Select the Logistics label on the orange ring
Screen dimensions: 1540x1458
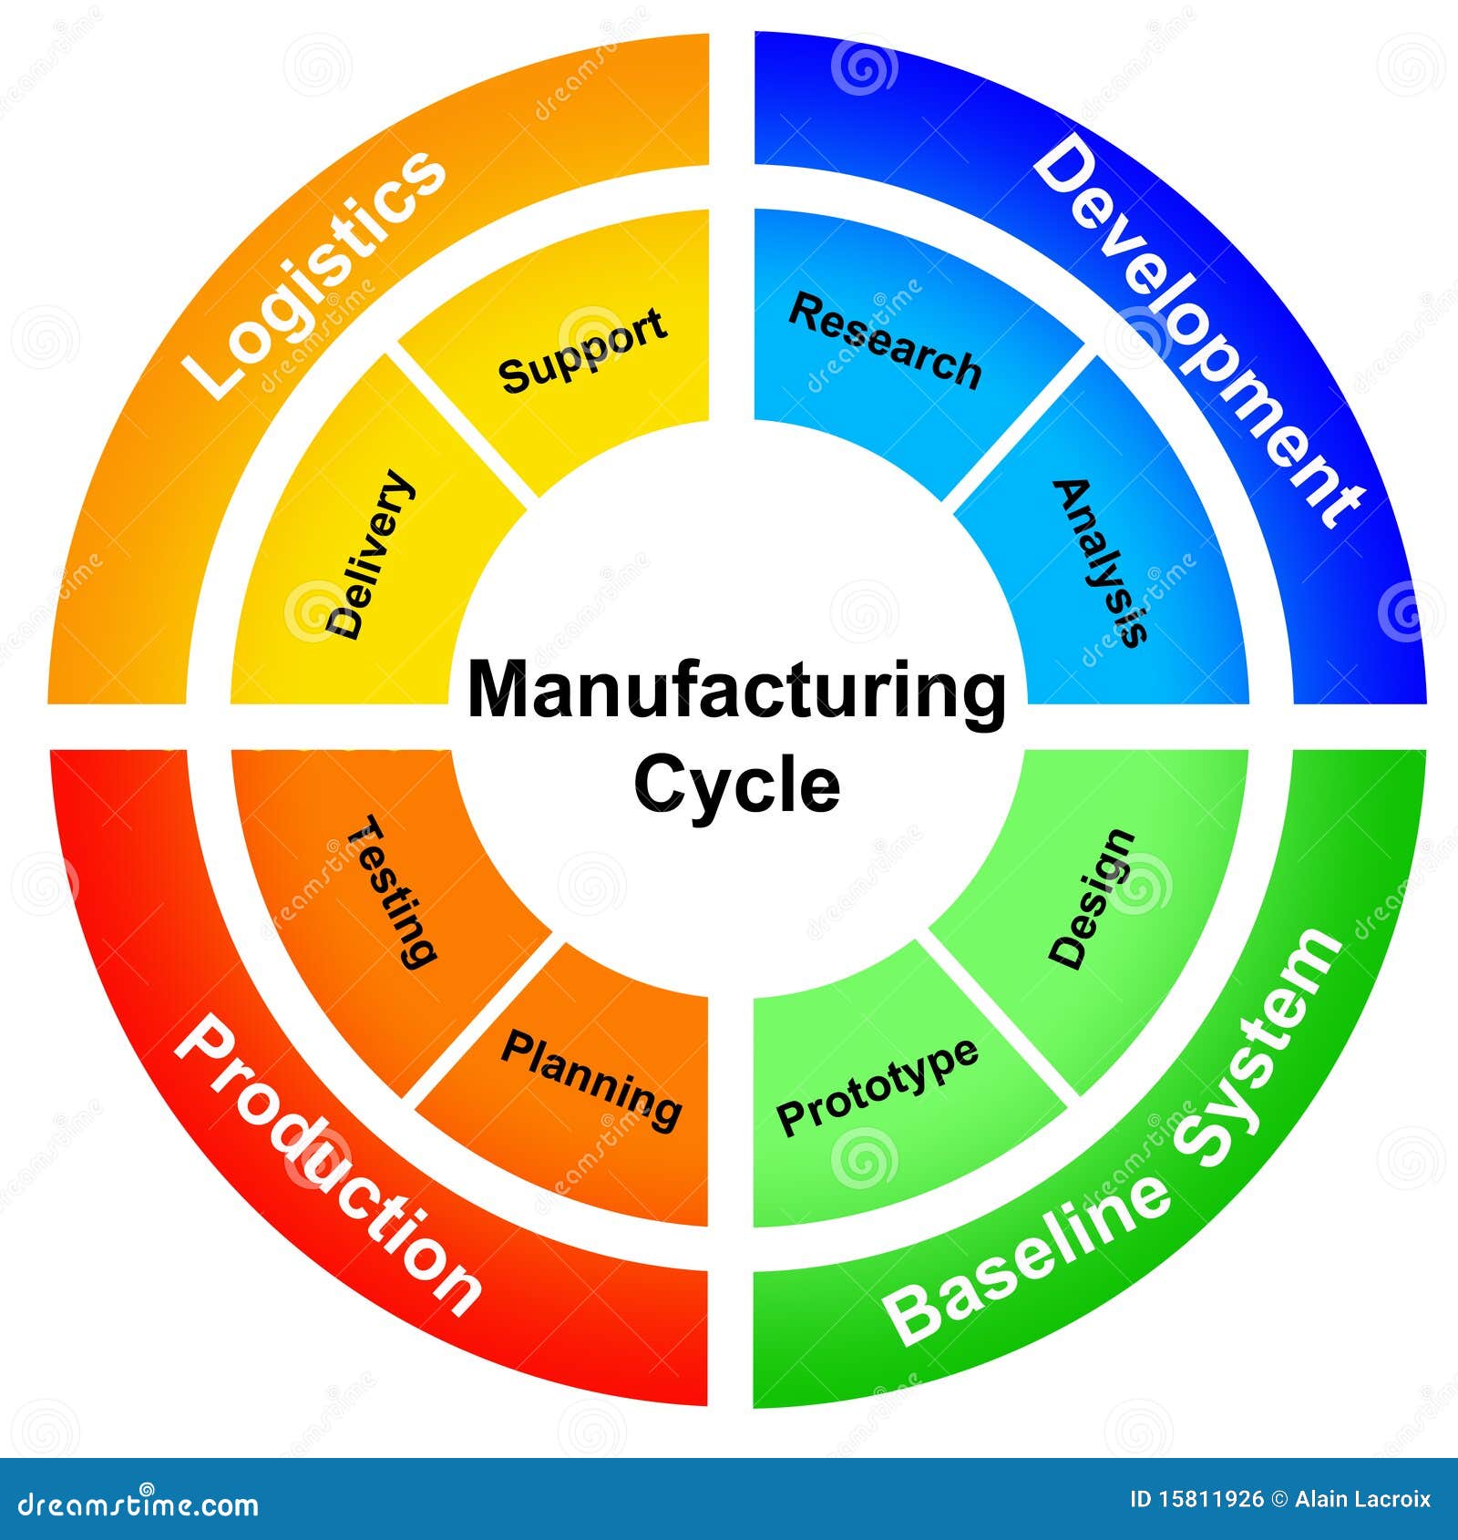pyautogui.click(x=314, y=273)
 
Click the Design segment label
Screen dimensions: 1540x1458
pyautogui.click(x=1092, y=898)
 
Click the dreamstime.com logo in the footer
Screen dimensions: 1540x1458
pyautogui.click(x=139, y=1504)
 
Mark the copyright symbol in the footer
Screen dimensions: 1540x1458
pyautogui.click(x=1279, y=1500)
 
